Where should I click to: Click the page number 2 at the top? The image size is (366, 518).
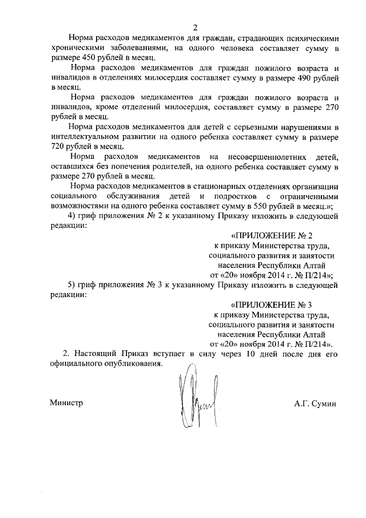coord(195,27)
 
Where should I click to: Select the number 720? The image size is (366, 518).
coord(57,146)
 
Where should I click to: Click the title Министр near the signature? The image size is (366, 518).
coord(66,403)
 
